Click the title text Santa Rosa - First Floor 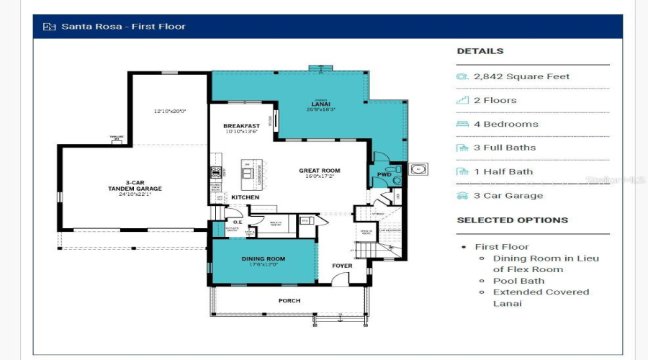tap(123, 27)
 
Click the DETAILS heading tap(480, 51)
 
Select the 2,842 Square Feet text tap(521, 76)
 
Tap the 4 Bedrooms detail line tap(506, 124)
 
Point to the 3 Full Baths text tap(505, 148)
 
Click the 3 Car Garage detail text tap(508, 195)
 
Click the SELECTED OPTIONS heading tap(512, 220)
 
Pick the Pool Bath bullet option tap(518, 281)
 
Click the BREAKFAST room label tap(241, 126)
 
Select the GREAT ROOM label tap(320, 171)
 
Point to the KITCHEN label tap(245, 197)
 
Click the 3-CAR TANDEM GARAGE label tap(135, 186)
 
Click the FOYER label tap(342, 266)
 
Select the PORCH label tap(289, 300)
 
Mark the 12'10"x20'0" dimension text tap(169, 112)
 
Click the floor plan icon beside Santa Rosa tap(49, 27)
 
